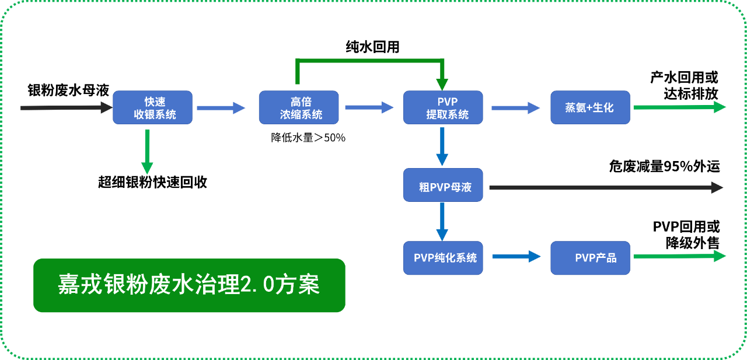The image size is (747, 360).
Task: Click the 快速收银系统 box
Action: [x=152, y=107]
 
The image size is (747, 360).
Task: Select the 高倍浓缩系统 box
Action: [x=298, y=107]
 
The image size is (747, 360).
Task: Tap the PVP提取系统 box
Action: [x=443, y=107]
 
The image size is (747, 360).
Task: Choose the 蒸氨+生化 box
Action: [x=590, y=107]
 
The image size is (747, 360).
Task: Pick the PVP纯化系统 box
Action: [x=443, y=258]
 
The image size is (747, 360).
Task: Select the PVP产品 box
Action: [x=590, y=258]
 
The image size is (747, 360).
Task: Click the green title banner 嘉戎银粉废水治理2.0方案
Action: [x=189, y=285]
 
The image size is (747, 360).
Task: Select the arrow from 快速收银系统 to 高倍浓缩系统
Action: [x=221, y=107]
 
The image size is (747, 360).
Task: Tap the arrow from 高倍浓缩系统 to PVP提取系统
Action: [x=369, y=107]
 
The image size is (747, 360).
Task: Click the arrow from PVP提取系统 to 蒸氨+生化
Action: [x=516, y=107]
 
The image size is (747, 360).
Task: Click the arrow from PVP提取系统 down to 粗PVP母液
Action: [x=442, y=146]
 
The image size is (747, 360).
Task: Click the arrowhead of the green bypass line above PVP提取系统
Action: [x=442, y=84]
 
